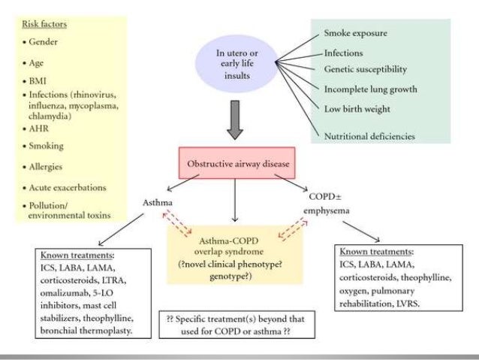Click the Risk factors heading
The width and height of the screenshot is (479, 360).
click(44, 24)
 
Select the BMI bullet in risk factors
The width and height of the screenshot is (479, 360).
click(38, 81)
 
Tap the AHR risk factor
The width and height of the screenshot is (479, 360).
click(38, 129)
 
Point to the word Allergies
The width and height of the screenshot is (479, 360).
click(46, 167)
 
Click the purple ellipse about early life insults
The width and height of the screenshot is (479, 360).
click(236, 64)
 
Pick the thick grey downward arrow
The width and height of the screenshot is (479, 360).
click(235, 120)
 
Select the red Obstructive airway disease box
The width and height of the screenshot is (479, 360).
click(237, 163)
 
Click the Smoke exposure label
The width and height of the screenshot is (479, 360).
click(356, 33)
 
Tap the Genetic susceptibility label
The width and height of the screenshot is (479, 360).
click(366, 69)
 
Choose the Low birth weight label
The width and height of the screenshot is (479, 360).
click(357, 109)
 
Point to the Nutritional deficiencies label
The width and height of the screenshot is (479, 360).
click(369, 137)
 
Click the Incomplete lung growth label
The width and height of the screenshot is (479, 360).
click(371, 89)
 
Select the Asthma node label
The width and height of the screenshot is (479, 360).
click(158, 202)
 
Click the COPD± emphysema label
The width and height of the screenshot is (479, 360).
click(326, 204)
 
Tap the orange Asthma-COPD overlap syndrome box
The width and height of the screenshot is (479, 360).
click(234, 255)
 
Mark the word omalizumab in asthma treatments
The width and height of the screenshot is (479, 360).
click(64, 293)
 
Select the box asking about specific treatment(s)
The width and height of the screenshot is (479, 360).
click(237, 325)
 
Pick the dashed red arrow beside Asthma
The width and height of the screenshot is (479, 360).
click(177, 224)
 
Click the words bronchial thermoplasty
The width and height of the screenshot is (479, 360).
click(86, 331)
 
